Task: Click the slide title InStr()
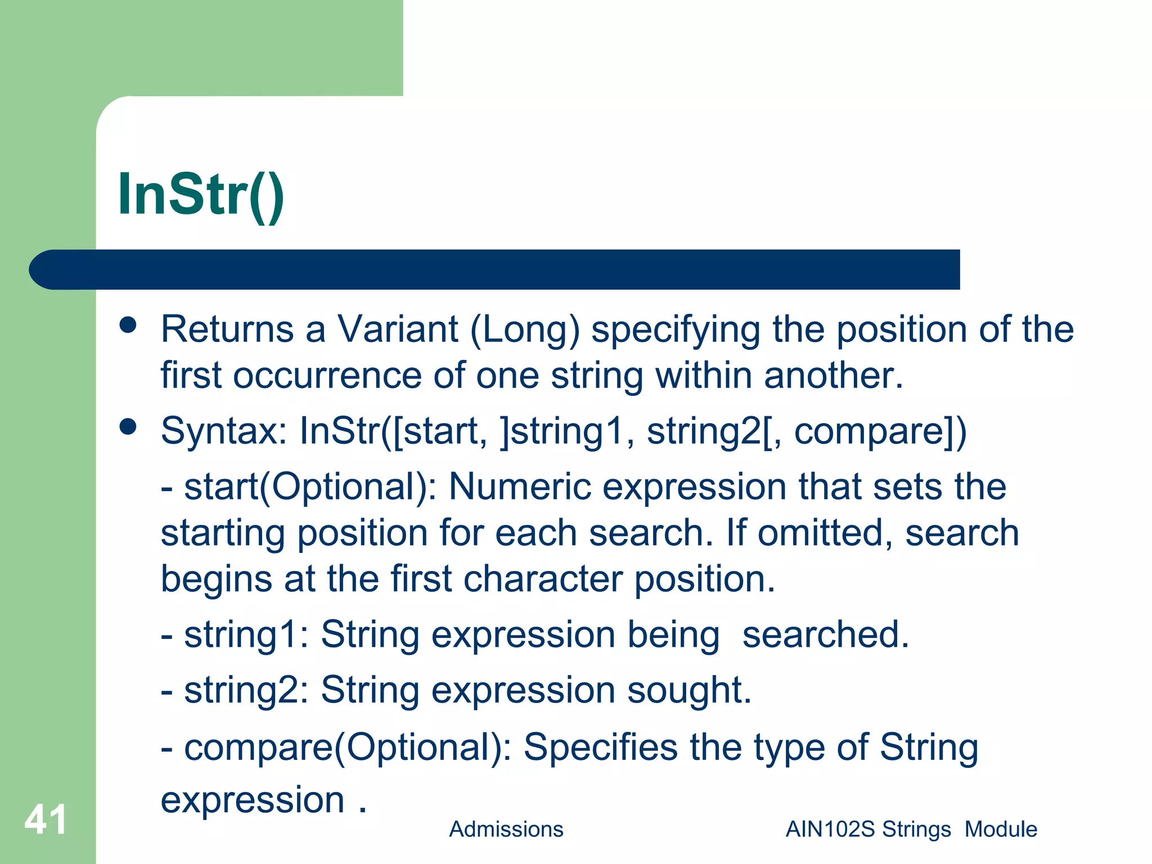point(201,195)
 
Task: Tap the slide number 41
point(46,820)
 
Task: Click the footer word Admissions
point(506,829)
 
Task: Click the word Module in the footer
point(1001,829)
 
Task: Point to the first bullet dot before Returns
point(128,325)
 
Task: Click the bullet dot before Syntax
point(128,426)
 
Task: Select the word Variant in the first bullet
point(397,329)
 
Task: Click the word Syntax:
point(224,431)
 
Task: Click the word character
point(543,579)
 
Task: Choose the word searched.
point(825,634)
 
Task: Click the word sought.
point(688,691)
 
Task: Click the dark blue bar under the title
point(495,269)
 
